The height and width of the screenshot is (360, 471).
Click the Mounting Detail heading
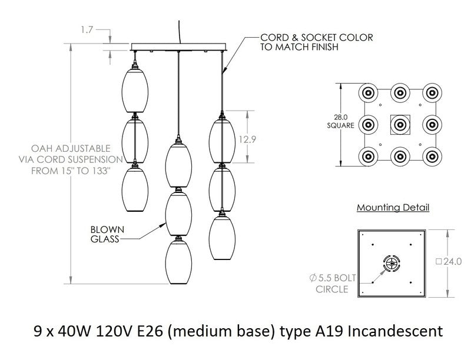pyautogui.click(x=393, y=208)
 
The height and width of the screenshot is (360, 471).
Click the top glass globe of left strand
pyautogui.click(x=135, y=88)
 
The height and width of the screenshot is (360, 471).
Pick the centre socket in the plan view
pyautogui.click(x=400, y=124)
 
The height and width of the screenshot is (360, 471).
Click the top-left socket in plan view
pyautogui.click(x=369, y=92)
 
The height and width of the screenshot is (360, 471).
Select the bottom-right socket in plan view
pyautogui.click(x=433, y=156)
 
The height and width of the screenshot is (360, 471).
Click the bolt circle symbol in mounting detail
pyautogui.click(x=392, y=263)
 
